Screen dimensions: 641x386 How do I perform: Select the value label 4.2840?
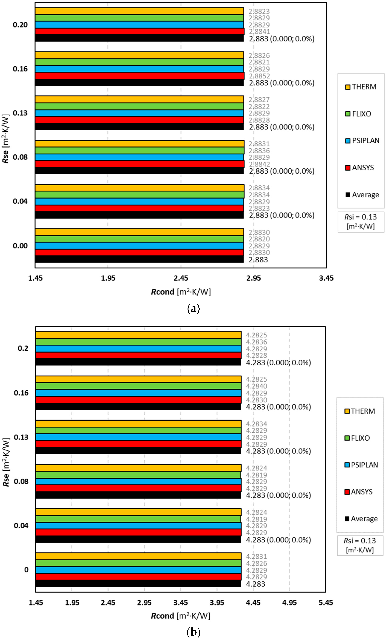[x=256, y=386]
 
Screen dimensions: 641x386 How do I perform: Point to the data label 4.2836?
[x=256, y=342]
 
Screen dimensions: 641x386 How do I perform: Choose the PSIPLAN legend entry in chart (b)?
[x=361, y=465]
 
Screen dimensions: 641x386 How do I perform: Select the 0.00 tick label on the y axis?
[x=20, y=246]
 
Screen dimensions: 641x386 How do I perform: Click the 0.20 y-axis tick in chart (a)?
[x=20, y=25]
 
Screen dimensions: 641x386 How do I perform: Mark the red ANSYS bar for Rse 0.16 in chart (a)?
[x=140, y=76]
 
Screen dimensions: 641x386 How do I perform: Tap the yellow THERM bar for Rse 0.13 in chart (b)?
[x=138, y=423]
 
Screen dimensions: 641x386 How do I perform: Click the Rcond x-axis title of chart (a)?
[x=181, y=292]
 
